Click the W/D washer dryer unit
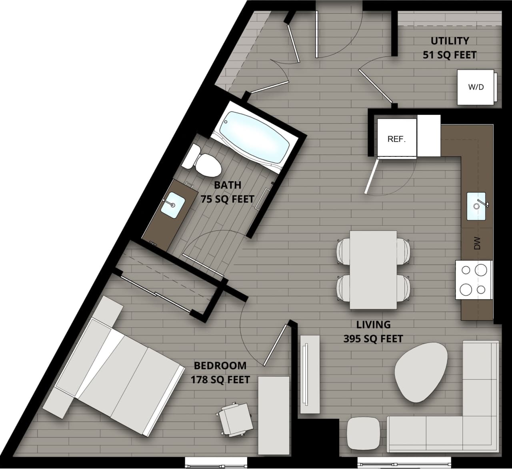(476, 87)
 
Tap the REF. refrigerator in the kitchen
(396, 138)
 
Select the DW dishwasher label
(477, 243)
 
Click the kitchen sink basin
(476, 206)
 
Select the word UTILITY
(450, 41)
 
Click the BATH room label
(228, 185)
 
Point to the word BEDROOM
(220, 365)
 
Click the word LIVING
(373, 325)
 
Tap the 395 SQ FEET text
(373, 339)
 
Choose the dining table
(373, 270)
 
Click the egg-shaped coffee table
(421, 372)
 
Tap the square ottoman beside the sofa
(363, 433)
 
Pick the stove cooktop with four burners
(473, 280)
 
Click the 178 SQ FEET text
(220, 379)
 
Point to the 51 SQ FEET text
(450, 55)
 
